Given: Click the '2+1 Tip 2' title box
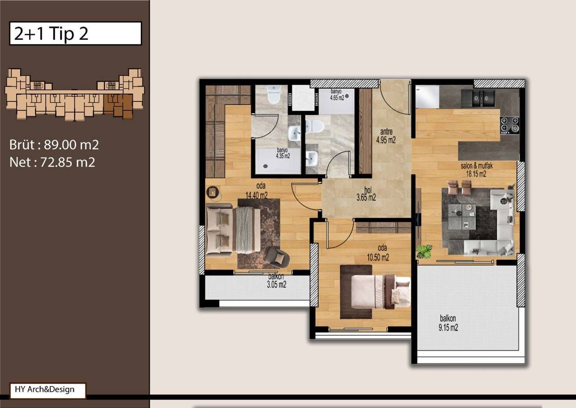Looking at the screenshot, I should click(x=75, y=33).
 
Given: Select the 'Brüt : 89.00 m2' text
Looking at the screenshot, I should click(x=54, y=145).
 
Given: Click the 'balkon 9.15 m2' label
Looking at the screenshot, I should click(x=448, y=324).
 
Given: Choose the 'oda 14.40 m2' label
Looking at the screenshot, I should click(x=256, y=191).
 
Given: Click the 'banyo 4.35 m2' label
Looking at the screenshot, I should click(x=282, y=153).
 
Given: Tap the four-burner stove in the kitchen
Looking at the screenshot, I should click(x=510, y=125).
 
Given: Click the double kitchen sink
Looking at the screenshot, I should click(x=478, y=98).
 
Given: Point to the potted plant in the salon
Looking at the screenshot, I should click(x=424, y=251).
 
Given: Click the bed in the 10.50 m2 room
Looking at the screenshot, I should click(x=380, y=291).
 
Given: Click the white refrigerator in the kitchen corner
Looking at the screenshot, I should click(x=427, y=97).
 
